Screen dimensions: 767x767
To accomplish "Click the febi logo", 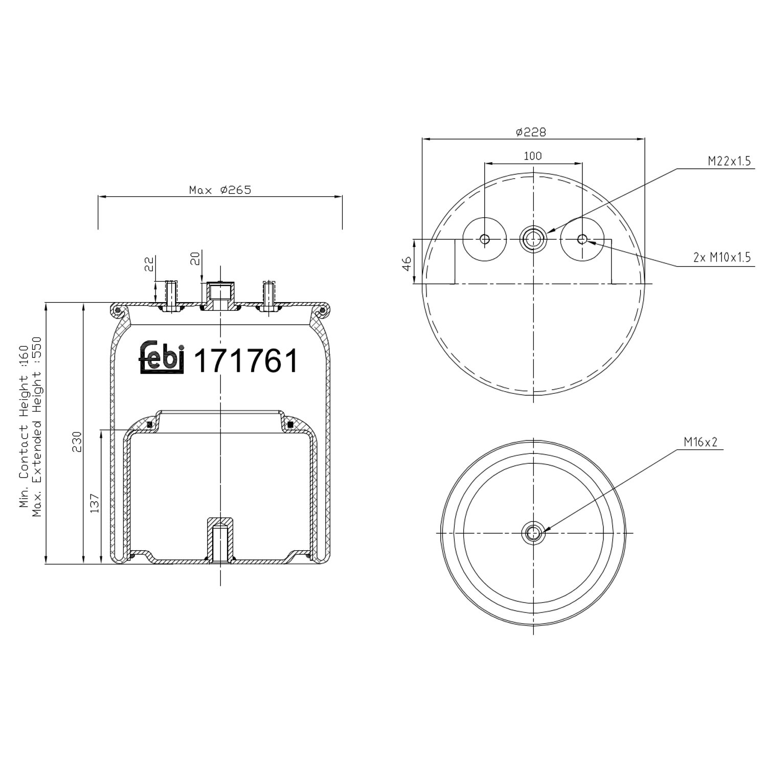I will coord(161,356).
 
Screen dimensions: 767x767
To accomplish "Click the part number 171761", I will coord(246,361).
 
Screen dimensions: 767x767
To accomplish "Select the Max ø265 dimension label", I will coord(220,190).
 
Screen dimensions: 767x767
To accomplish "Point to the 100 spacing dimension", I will coord(533,156).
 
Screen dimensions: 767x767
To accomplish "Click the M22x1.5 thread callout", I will coord(729,161).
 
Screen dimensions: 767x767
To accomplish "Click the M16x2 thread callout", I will coord(701,442).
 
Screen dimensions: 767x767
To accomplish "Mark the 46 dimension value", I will coord(407,263).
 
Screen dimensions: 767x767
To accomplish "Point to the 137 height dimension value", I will coord(94,503).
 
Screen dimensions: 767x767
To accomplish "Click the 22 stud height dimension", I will coord(149,264).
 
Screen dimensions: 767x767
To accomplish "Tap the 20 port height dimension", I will coord(195,259).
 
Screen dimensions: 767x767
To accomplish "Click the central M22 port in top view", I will coord(533,239).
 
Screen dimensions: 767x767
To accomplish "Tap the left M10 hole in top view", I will coord(485,239).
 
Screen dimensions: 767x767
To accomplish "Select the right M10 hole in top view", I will coord(582,239).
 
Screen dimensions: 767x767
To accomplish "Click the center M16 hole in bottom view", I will coord(533,533).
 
